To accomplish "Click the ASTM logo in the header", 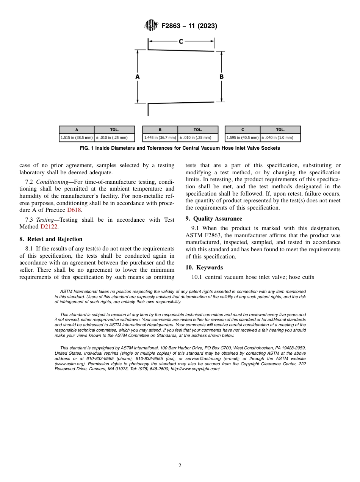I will click(152, 26).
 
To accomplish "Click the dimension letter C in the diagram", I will click(181, 41).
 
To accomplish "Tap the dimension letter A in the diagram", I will click(138, 77).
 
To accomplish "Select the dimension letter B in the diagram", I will click(221, 77).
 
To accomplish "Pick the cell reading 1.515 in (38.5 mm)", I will click(77, 138).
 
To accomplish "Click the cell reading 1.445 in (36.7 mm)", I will click(160, 138).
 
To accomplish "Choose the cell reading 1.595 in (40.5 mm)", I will click(243, 138).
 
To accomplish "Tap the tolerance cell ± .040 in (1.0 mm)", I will click(280, 138).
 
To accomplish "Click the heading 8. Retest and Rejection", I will click(51, 239).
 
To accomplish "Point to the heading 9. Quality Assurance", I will click(214, 219).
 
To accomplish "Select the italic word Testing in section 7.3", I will click(46, 220).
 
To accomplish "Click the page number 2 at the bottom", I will click(180, 466).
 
